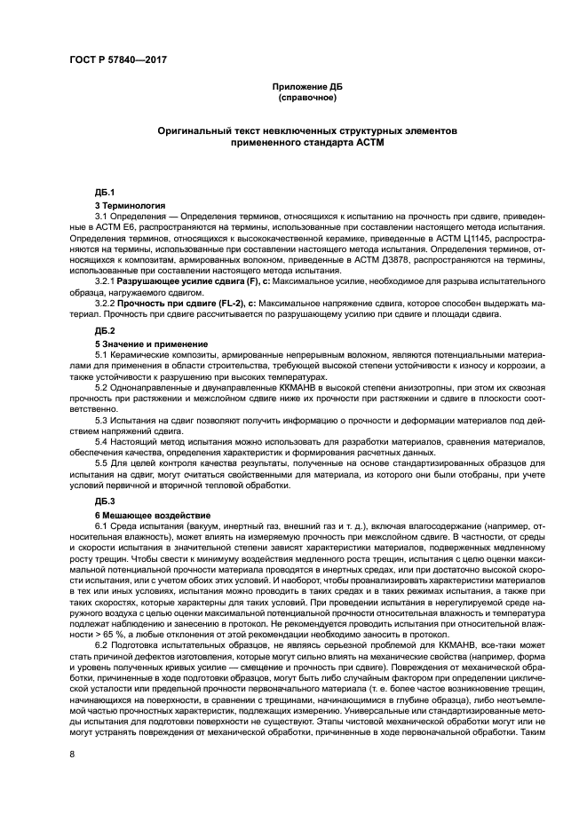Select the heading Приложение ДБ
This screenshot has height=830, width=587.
pos(306,87)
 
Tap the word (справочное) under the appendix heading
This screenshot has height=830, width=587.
pos(306,97)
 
